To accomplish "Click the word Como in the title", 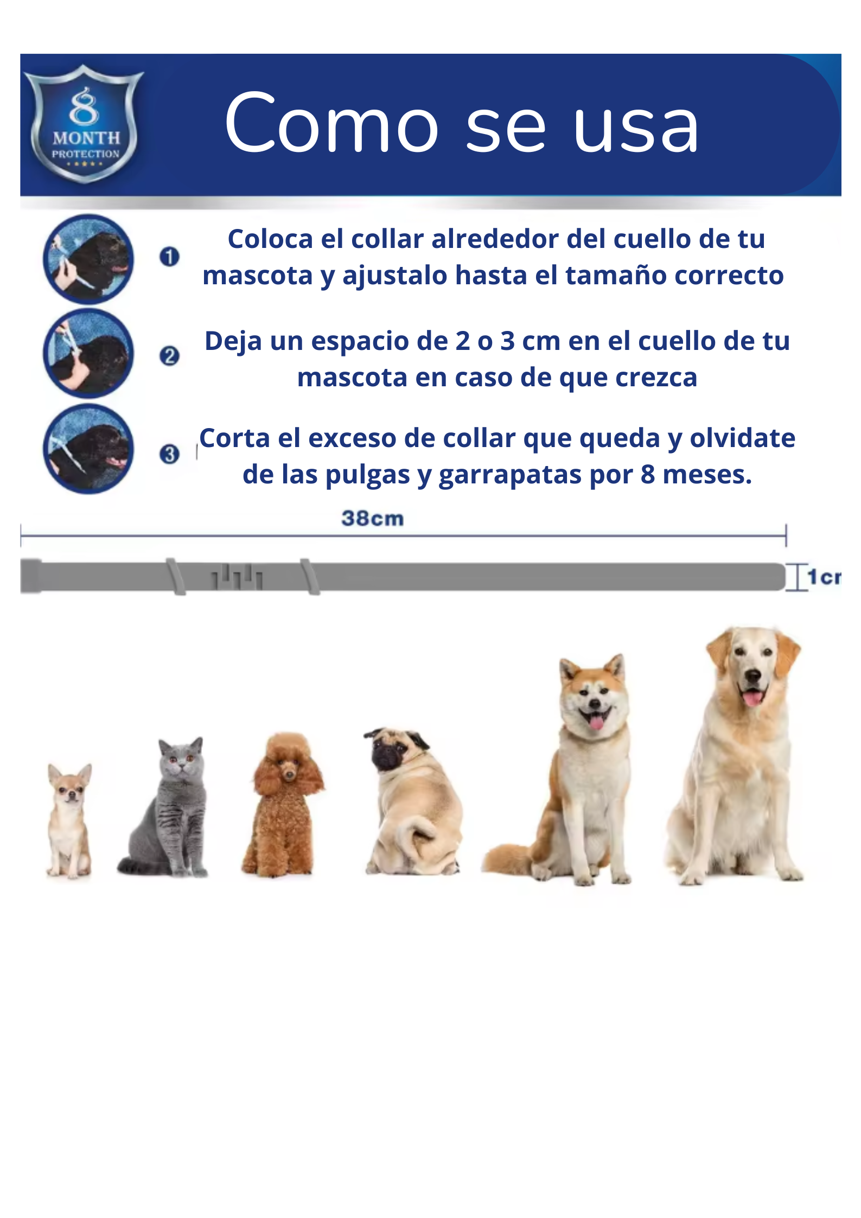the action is (x=331, y=123).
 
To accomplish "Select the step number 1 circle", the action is (x=169, y=257).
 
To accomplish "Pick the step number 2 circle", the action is (x=169, y=356).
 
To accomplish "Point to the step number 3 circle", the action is (x=169, y=454).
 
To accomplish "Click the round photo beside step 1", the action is (x=88, y=259).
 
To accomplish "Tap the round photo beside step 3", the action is (x=88, y=449).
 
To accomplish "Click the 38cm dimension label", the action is (x=373, y=519).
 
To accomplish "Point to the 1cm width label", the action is (x=824, y=577).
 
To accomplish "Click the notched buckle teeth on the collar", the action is (x=237, y=577).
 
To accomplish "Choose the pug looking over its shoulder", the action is (x=412, y=801).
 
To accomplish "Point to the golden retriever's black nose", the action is (x=752, y=675).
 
